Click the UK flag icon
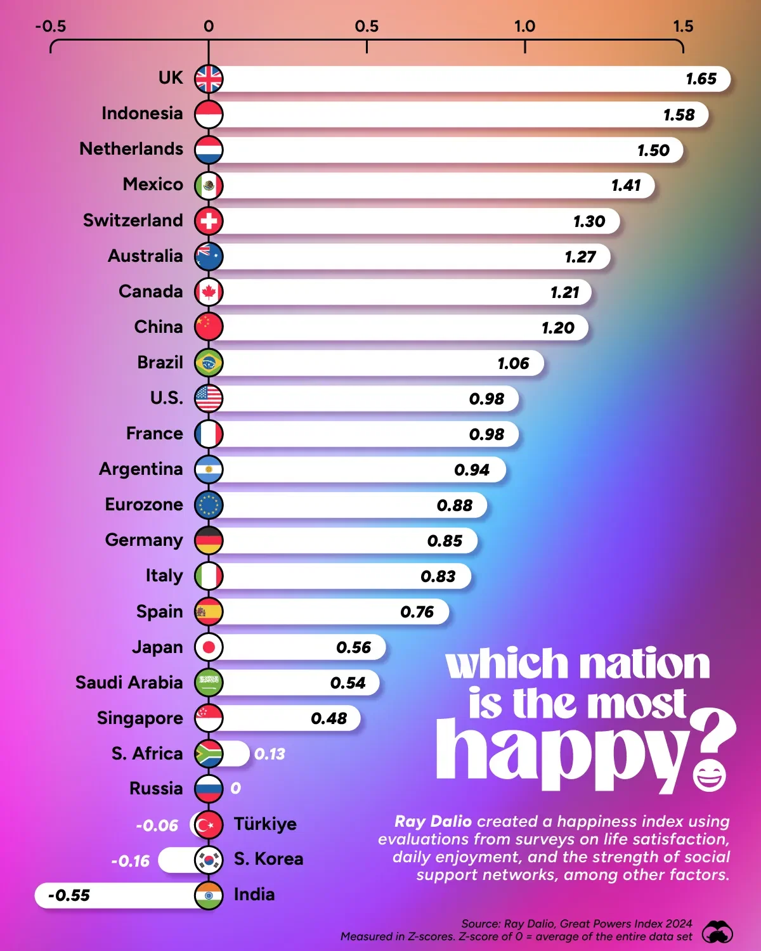pos(209,79)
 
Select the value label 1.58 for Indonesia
pos(679,115)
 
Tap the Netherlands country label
pos(131,149)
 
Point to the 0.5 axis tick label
pos(367,27)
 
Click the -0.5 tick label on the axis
pos(50,27)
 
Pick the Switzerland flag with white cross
pos(209,221)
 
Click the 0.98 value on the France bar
pos(486,434)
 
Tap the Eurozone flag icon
pos(209,505)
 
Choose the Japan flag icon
pos(209,647)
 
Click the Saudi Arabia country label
pos(129,683)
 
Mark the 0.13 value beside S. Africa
pos(270,754)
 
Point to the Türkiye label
pos(265,824)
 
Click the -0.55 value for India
pos(69,895)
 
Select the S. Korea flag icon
pos(209,860)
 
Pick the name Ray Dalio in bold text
pos(433,822)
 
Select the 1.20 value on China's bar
pos(557,328)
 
